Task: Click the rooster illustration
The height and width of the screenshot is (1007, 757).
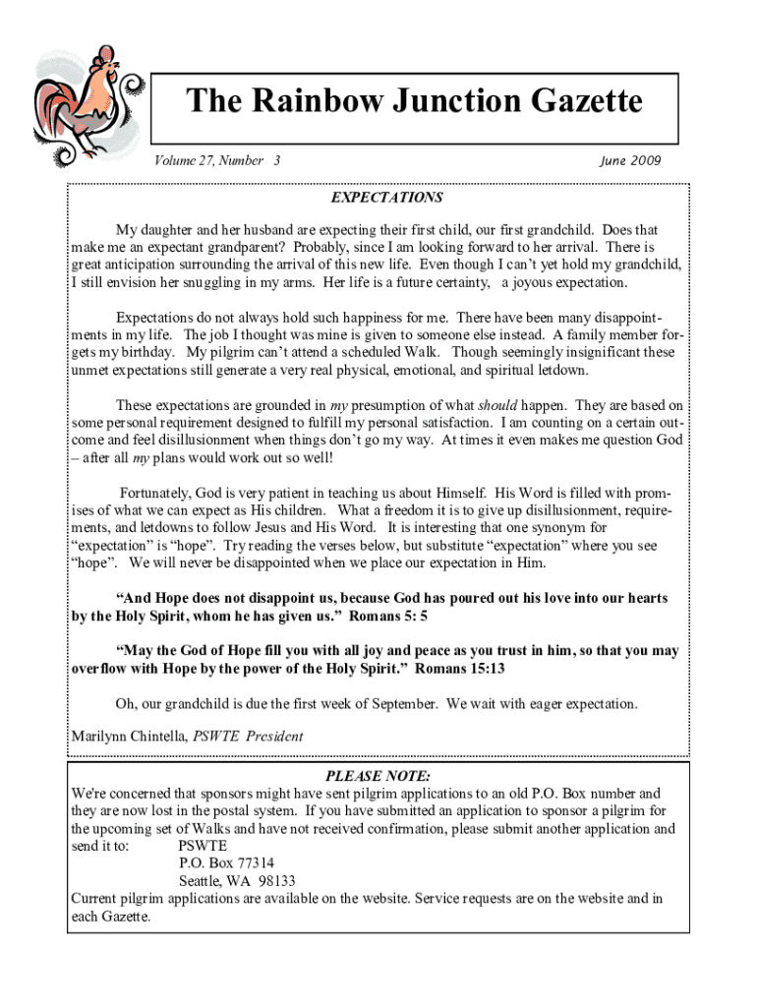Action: point(83,102)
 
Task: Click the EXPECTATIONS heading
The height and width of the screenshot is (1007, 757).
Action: point(386,198)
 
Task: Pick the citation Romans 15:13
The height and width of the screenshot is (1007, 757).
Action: point(459,669)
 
